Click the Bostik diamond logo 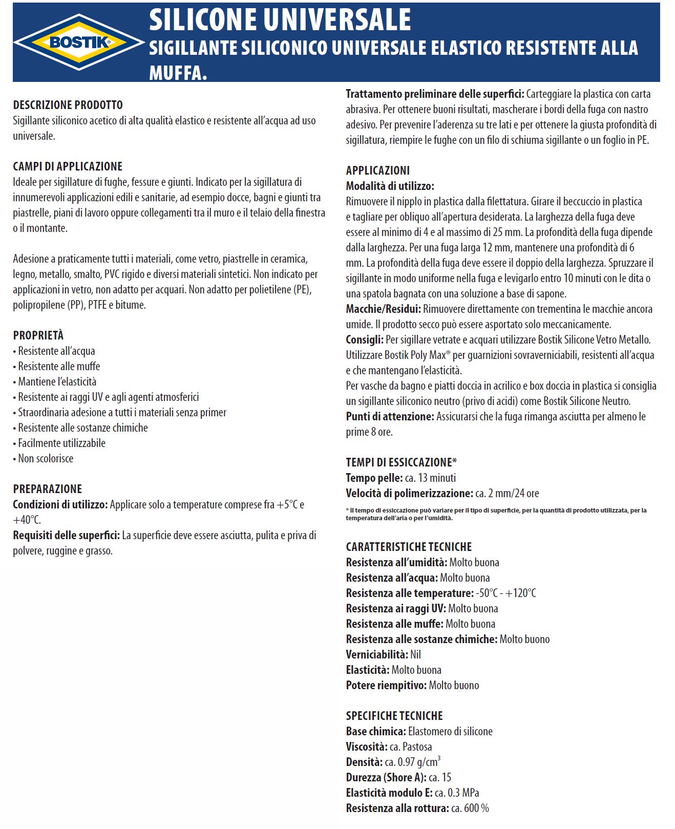[x=79, y=42]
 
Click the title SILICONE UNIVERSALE [x=280, y=20]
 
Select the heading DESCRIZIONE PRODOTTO [x=68, y=105]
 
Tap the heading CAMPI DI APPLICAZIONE [x=68, y=166]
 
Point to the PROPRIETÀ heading [x=38, y=335]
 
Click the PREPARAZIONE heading [x=47, y=489]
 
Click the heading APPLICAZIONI [x=377, y=171]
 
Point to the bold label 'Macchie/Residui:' [x=383, y=309]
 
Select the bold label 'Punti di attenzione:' [x=390, y=416]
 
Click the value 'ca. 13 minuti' [x=430, y=478]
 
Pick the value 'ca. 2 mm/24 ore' [x=507, y=493]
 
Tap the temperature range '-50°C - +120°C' [x=505, y=593]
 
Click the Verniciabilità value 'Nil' [x=415, y=654]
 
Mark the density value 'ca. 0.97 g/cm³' [x=413, y=761]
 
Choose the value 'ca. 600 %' [x=470, y=808]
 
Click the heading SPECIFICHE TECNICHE [x=394, y=716]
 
